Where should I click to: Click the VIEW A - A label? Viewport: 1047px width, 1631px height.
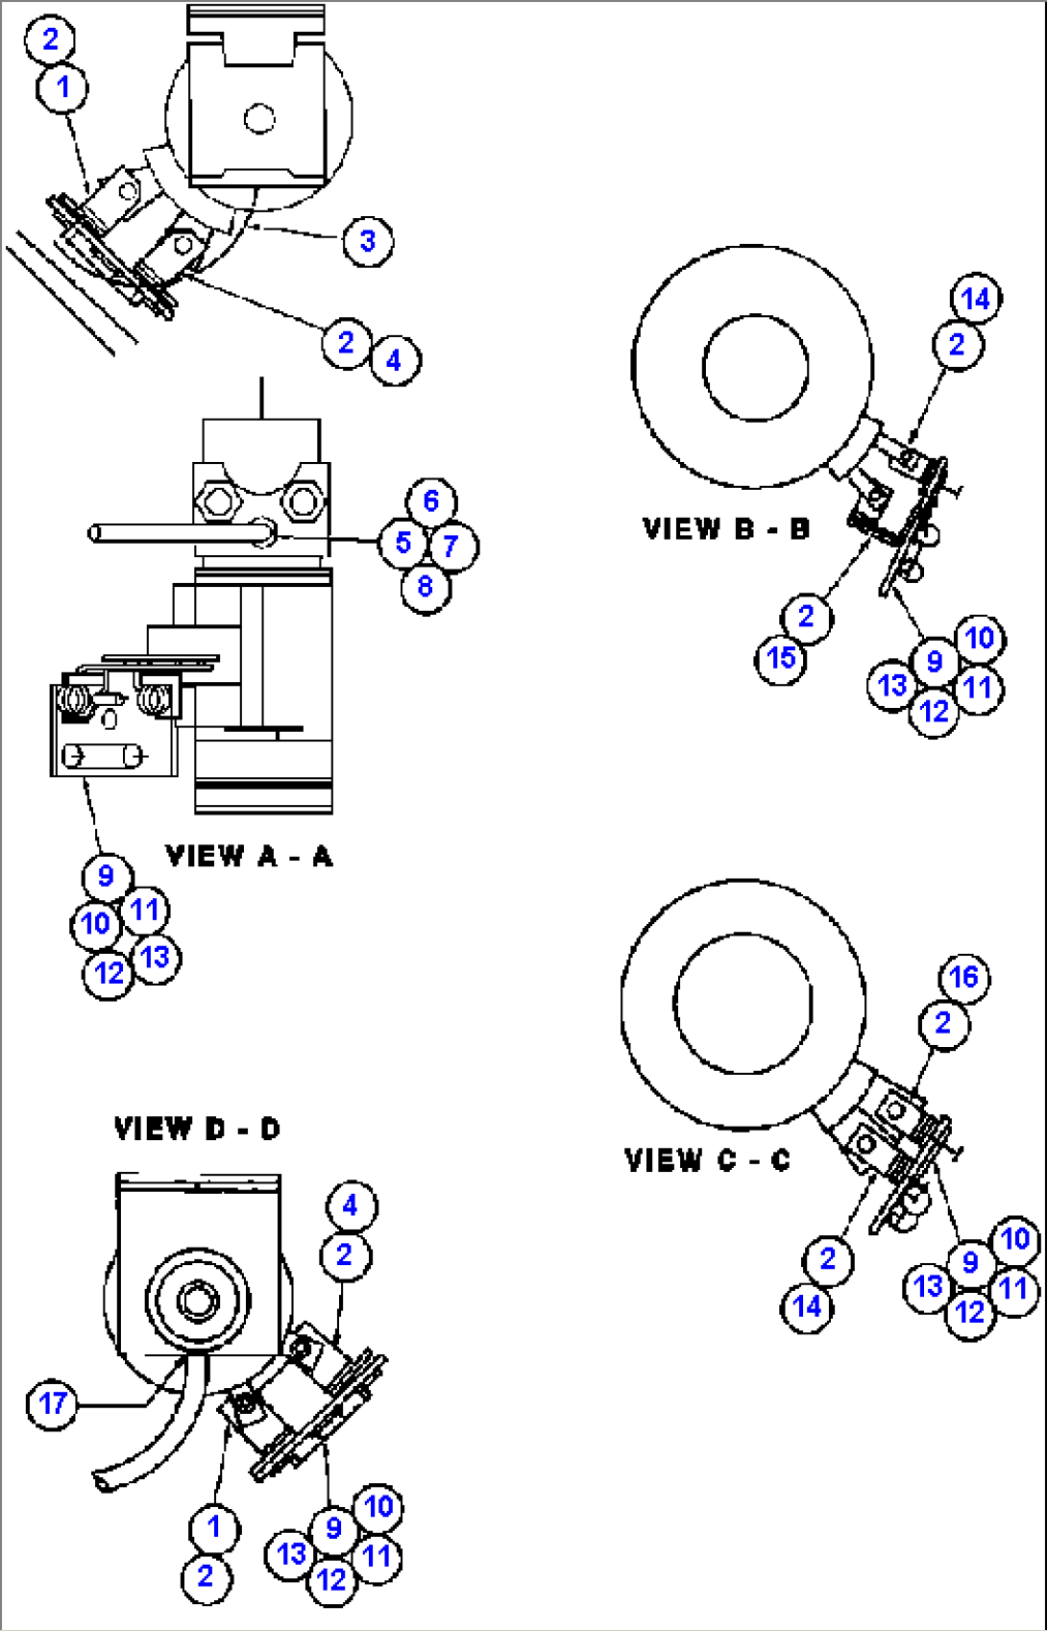(x=249, y=856)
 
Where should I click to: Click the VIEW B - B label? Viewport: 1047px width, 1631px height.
(x=726, y=528)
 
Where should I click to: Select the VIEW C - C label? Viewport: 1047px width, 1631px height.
(x=707, y=1160)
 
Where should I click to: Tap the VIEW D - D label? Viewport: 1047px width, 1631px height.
(x=197, y=1129)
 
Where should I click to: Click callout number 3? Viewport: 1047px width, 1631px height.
(x=368, y=240)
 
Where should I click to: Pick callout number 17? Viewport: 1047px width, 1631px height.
(x=52, y=1404)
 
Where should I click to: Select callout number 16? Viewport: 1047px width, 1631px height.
(x=963, y=978)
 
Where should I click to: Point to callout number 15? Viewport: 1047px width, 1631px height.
(x=781, y=658)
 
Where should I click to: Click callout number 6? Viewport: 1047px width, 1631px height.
(x=431, y=500)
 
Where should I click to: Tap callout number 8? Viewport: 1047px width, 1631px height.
(x=426, y=586)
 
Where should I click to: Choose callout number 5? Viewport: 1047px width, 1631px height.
(x=402, y=543)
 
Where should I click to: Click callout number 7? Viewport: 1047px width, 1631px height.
(x=450, y=547)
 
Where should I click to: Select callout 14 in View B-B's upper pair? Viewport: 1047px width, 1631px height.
(x=976, y=299)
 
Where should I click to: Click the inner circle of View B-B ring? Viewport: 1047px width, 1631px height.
(x=756, y=368)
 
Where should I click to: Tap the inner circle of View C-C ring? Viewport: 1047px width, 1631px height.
(x=743, y=1003)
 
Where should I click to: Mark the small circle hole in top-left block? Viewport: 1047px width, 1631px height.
(x=259, y=119)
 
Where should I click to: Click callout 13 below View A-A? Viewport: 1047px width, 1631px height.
(x=155, y=957)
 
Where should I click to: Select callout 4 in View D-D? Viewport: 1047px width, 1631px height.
(x=350, y=1205)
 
